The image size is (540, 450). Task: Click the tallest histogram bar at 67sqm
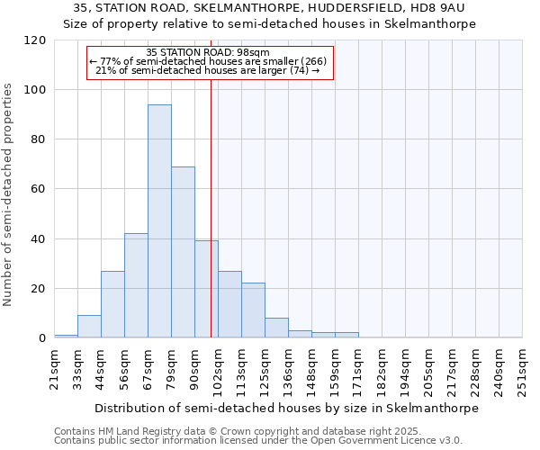[159, 221]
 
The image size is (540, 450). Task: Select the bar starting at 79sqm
[183, 252]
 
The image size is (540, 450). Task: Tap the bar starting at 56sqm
[136, 285]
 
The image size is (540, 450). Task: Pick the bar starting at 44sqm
[112, 304]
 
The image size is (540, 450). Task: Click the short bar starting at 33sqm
[89, 327]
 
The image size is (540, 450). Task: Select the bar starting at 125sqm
[276, 328]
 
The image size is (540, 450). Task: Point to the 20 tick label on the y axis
[39, 289]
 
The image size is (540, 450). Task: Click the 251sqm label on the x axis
[523, 369]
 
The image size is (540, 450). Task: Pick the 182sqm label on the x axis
[382, 369]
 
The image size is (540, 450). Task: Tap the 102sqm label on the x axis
[219, 369]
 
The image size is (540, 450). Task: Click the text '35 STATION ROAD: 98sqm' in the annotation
[208, 53]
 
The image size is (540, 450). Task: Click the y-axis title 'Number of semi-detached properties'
[8, 194]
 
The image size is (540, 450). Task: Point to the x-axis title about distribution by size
[286, 408]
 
